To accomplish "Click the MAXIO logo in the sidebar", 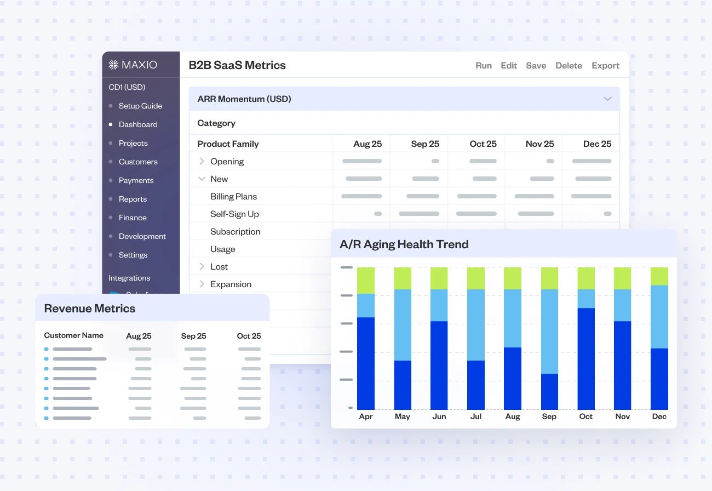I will click(133, 65).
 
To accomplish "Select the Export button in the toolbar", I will click(605, 65).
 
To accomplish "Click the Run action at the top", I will click(483, 65).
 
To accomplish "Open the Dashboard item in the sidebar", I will click(138, 124).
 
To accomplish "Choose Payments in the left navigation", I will click(136, 180).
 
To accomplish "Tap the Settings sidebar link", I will click(133, 255).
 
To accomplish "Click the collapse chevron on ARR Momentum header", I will click(607, 99).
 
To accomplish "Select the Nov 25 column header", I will click(539, 144).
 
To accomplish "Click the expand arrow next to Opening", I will click(202, 161).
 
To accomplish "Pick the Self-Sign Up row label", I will click(234, 214).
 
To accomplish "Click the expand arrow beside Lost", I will click(202, 266).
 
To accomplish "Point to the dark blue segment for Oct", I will click(585, 358).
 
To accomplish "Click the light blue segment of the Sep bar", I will click(549, 332).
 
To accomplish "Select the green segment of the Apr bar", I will click(365, 280).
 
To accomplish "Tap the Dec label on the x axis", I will click(659, 416).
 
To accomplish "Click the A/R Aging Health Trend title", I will click(404, 244).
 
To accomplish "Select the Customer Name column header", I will click(73, 335).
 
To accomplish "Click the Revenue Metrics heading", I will click(89, 309).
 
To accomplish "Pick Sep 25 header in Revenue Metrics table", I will click(193, 336).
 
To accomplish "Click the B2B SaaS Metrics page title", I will click(237, 65).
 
